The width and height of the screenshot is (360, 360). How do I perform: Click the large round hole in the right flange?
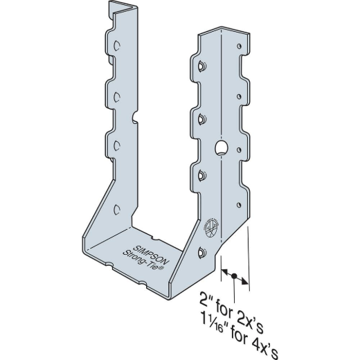[222, 148]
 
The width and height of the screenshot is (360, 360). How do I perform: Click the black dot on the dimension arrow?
[235, 278]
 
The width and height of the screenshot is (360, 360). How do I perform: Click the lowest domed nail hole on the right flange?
[201, 253]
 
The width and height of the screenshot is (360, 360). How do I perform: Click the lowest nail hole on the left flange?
[116, 208]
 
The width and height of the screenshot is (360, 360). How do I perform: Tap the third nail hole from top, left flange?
[117, 144]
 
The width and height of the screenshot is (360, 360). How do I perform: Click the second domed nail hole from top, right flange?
[201, 119]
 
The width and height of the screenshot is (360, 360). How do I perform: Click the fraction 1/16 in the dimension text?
[231, 321]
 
